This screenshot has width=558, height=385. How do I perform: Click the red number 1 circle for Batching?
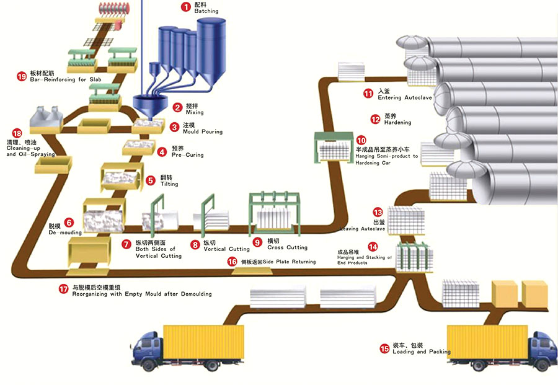click(185, 7)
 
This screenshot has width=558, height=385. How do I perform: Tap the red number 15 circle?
click(385, 348)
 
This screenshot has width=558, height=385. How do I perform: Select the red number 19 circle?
click(22, 77)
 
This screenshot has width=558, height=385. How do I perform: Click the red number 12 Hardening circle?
click(375, 119)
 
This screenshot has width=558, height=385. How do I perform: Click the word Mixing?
click(195, 112)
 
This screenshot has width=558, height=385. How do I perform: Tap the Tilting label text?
click(169, 184)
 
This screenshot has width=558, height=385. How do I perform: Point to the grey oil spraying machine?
click(46, 117)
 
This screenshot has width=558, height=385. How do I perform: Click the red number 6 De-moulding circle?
click(69, 222)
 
